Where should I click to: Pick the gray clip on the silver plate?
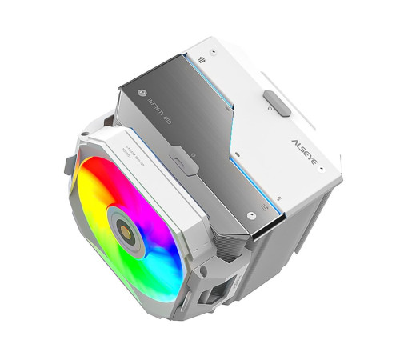pyautogui.click(x=183, y=163)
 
